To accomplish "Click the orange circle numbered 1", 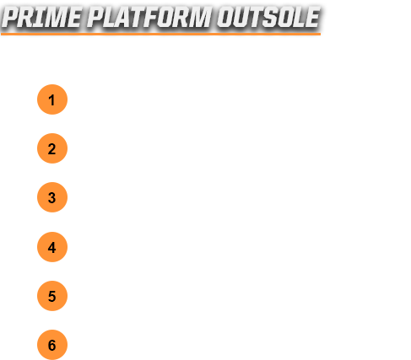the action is pos(52,99).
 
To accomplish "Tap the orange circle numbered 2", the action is pos(52,148).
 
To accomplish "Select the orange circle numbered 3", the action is pos(52,197).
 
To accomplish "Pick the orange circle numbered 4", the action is pos(52,247).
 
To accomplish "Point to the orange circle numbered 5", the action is pos(52,296).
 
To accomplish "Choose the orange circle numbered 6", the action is pos(52,345).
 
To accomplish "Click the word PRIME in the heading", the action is pos(41,18).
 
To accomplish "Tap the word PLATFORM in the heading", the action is pos(149,18).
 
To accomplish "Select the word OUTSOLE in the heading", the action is pos(268,18).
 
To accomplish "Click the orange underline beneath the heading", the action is pos(160,34).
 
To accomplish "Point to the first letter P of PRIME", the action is pos(11,18).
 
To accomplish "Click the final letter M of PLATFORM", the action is pos(200,18).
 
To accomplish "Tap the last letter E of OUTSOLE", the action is pos(312,18).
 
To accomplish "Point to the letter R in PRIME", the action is pos(28,18).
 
